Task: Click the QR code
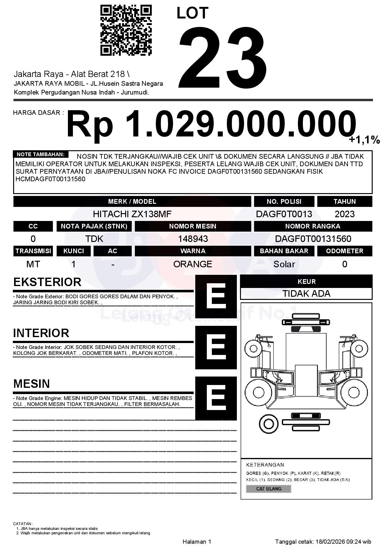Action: pos(126,30)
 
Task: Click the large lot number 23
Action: pos(223,58)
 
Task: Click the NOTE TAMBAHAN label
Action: pos(41,154)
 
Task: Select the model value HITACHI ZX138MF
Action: pos(132,214)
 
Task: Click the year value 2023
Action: pos(345,214)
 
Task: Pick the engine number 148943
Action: pos(193,239)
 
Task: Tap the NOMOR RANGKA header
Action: pos(313,226)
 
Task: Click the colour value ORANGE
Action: pos(193,264)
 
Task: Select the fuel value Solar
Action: pos(284,264)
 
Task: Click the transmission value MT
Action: pos(33,264)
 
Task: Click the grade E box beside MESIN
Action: pos(216,398)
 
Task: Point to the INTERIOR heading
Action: pos(41,333)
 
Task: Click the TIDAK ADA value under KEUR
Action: pos(306,294)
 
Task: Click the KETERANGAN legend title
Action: pos(265,465)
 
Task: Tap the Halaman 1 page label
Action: pos(197,541)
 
